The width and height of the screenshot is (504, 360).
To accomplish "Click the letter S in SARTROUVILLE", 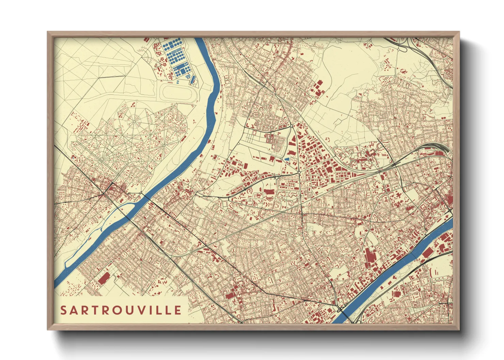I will tap(64, 310).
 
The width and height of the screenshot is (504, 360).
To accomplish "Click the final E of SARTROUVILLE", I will tap(178, 310).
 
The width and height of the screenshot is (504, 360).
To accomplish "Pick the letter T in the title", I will tap(89, 310).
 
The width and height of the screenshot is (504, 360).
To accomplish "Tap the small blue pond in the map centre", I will tap(287, 159).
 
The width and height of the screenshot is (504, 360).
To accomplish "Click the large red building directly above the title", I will tap(104, 278).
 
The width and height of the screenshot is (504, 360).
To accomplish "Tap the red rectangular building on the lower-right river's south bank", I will tap(428, 252).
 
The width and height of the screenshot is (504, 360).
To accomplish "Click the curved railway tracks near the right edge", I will tap(439, 146).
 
